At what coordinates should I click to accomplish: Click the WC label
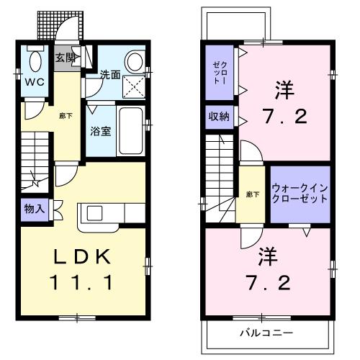(x=36, y=83)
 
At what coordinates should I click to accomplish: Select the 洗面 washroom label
(x=109, y=74)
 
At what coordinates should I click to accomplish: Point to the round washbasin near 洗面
(x=133, y=61)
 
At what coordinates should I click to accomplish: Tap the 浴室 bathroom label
(x=100, y=132)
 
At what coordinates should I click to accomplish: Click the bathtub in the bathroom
(x=130, y=132)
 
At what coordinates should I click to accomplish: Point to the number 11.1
(x=81, y=284)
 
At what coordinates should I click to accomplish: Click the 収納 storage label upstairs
(x=220, y=116)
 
